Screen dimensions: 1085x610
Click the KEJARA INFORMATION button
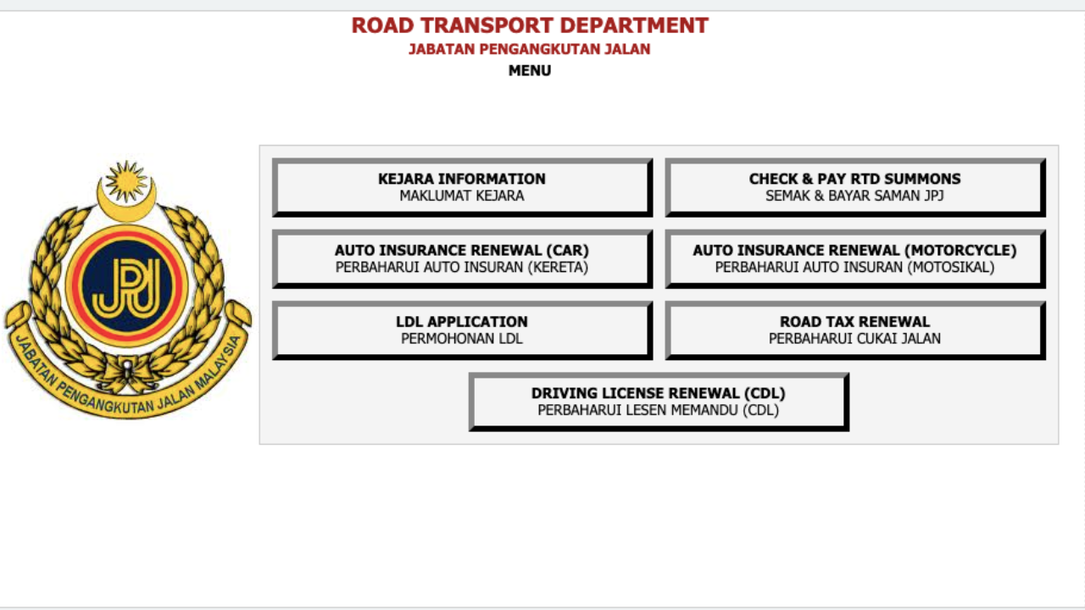[462, 187]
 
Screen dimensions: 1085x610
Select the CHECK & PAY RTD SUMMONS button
[855, 187]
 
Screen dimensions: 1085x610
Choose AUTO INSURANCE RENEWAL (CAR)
[462, 259]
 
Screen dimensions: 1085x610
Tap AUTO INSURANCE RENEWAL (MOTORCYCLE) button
[855, 259]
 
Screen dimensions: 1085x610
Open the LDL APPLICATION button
[462, 330]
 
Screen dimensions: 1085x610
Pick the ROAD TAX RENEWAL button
[855, 330]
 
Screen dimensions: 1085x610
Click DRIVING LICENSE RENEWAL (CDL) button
[659, 402]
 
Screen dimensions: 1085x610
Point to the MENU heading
[530, 70]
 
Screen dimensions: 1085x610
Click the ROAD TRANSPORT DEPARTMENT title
[530, 25]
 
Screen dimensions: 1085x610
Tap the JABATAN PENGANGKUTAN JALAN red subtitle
[530, 49]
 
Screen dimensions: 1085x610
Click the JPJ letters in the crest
[127, 286]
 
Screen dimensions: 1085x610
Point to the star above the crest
[126, 181]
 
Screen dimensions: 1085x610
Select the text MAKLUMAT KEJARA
[462, 196]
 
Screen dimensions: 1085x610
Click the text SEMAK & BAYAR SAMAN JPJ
[854, 196]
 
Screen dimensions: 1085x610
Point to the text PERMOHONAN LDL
[462, 339]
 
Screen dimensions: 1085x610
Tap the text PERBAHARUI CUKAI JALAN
[854, 339]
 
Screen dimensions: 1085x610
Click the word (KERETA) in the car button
[558, 268]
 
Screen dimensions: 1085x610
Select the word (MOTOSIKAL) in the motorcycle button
[950, 268]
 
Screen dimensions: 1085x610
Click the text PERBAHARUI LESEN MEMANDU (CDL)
[659, 411]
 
